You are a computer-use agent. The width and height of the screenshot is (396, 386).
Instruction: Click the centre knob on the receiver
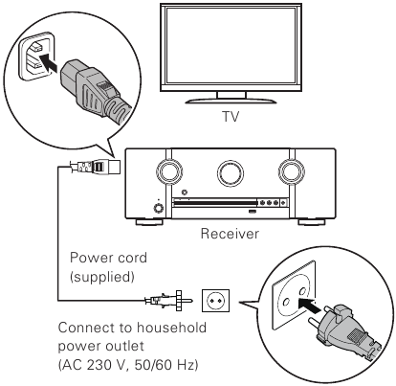[230, 173]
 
